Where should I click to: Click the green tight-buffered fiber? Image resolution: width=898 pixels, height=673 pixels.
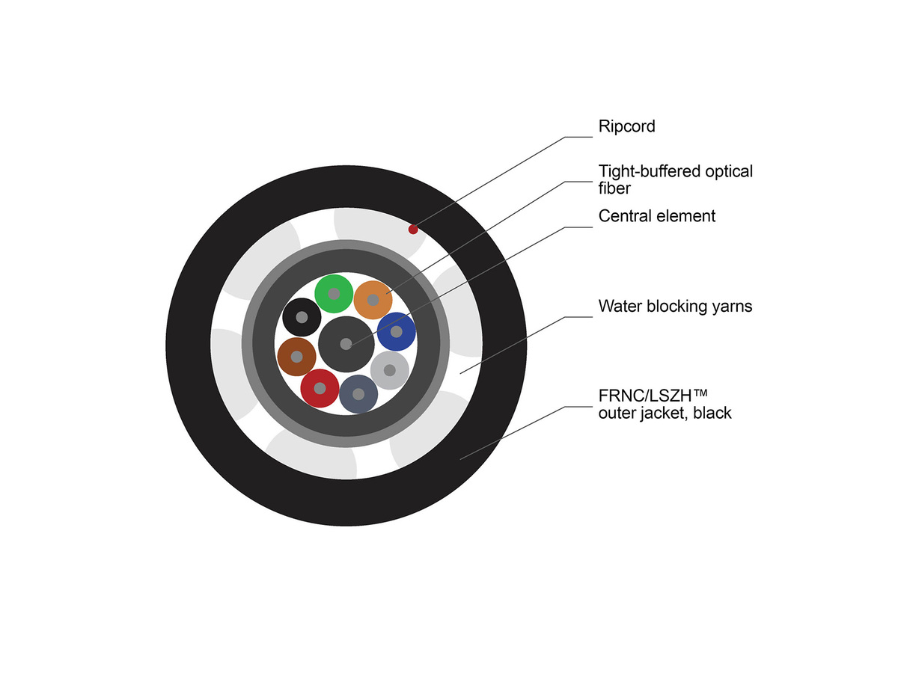click(x=333, y=294)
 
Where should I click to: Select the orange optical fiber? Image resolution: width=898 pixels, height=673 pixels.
click(x=373, y=300)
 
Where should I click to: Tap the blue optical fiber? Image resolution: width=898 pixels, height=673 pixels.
click(x=397, y=331)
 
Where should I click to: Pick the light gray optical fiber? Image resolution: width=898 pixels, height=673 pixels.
click(x=389, y=370)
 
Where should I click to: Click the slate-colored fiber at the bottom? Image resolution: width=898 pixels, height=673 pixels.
click(x=358, y=394)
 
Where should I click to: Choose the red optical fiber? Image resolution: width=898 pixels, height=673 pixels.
click(x=320, y=388)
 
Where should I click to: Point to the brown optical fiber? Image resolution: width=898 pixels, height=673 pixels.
click(x=296, y=357)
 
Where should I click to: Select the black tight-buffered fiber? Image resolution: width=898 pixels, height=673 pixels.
click(x=302, y=317)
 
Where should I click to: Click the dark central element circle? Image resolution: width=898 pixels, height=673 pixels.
click(x=346, y=344)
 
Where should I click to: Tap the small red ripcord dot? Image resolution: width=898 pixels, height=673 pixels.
click(x=412, y=229)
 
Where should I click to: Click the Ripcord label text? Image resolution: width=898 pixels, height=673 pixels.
click(x=626, y=126)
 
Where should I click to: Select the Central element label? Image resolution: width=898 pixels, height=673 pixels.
click(x=657, y=216)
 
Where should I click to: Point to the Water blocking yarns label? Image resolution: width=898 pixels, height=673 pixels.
click(x=675, y=306)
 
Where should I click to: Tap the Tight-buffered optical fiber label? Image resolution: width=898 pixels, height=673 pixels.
click(x=675, y=179)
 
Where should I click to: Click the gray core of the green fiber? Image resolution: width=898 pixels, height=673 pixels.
click(x=333, y=294)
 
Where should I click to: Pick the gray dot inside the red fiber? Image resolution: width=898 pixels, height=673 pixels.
click(x=320, y=388)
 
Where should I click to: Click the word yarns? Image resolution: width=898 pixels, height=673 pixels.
click(x=732, y=307)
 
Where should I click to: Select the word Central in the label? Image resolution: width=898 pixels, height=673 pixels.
click(x=624, y=216)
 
